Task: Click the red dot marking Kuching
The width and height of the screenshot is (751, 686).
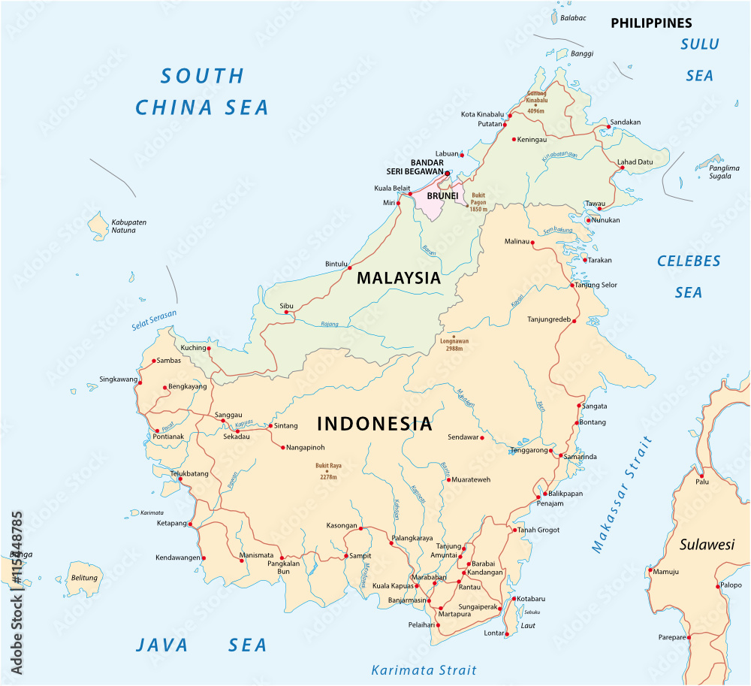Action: pyautogui.click(x=210, y=349)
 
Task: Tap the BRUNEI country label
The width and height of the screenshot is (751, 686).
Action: pyautogui.click(x=442, y=195)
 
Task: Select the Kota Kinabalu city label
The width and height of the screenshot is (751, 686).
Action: pyautogui.click(x=483, y=114)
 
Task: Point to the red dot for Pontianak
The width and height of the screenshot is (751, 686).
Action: pyautogui.click(x=157, y=431)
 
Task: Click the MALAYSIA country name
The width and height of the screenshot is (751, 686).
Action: pyautogui.click(x=398, y=278)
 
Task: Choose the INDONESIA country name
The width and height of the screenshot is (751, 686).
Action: pyautogui.click(x=375, y=424)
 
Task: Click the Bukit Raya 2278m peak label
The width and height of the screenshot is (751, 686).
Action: pyautogui.click(x=327, y=471)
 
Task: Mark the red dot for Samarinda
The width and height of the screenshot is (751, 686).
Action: pyautogui.click(x=561, y=455)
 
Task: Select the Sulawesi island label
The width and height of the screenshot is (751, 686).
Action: pyautogui.click(x=707, y=545)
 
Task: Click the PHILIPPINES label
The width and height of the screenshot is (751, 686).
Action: pyautogui.click(x=651, y=23)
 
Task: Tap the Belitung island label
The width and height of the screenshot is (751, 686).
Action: pyautogui.click(x=84, y=578)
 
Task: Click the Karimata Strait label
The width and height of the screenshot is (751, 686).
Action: pyautogui.click(x=424, y=669)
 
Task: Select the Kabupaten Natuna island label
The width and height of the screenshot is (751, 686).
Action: pyautogui.click(x=128, y=226)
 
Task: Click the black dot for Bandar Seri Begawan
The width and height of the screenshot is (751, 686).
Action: pyautogui.click(x=447, y=173)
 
